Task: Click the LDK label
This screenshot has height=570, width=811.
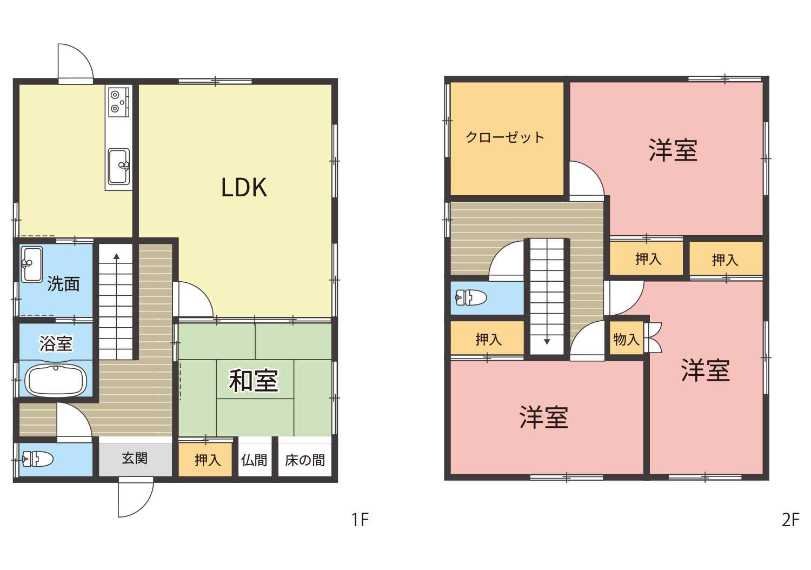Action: [x=244, y=188]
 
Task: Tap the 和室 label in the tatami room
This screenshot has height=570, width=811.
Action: [x=254, y=381]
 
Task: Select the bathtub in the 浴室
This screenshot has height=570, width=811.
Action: [x=56, y=381]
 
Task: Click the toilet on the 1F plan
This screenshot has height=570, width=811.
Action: [x=38, y=460]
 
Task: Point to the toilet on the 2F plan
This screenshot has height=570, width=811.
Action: [x=471, y=297]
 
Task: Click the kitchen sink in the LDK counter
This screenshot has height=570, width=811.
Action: [x=119, y=167]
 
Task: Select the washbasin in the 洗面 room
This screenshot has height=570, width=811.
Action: [x=32, y=264]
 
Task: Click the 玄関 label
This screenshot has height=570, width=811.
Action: [x=135, y=459]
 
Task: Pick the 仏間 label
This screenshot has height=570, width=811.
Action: [x=254, y=460]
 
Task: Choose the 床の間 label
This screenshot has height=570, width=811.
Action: [x=304, y=460]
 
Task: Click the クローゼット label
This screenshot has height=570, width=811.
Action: [x=504, y=137]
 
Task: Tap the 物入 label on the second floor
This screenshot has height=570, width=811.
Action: [x=626, y=339]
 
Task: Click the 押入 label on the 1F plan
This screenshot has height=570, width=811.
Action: [x=208, y=460]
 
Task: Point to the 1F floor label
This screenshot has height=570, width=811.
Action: [x=360, y=520]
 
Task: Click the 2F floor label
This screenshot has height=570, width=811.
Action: [x=790, y=520]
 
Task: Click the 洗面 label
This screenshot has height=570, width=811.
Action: [x=63, y=284]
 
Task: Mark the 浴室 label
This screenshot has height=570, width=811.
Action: [x=56, y=343]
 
